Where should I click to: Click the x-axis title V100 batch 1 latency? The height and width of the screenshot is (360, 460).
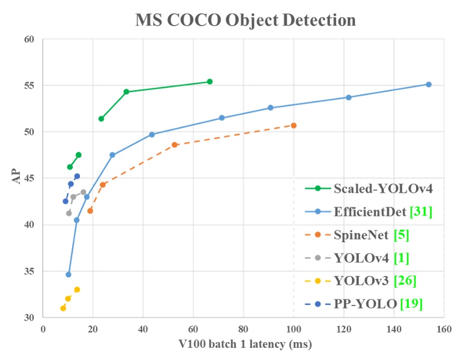coord(243,344)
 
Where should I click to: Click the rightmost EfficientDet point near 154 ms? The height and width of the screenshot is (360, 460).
coord(428,84)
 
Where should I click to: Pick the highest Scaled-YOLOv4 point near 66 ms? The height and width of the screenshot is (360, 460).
coord(209,82)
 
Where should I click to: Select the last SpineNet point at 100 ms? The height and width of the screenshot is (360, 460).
coord(294,126)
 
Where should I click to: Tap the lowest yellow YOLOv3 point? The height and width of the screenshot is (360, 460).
coord(63,308)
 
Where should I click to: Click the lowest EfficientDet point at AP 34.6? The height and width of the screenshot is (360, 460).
coord(68,274)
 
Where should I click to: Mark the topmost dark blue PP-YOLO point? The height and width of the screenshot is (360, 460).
coord(77,176)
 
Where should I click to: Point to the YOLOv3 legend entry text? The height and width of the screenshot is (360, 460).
coord(361,281)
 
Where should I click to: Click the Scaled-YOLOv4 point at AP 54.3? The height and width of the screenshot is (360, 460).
coord(126,92)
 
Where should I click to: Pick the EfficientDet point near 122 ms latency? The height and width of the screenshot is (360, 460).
coord(349,97)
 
